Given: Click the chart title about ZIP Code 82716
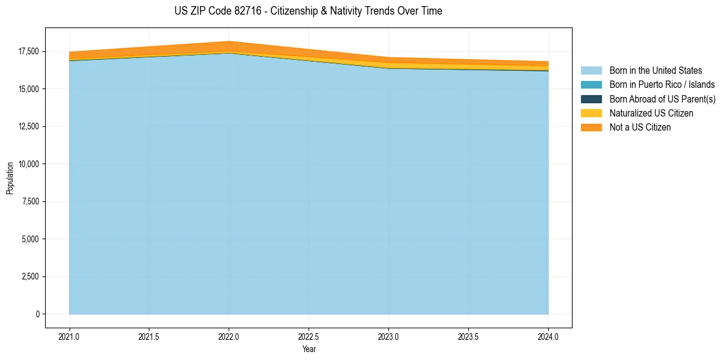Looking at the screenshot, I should click(x=308, y=11).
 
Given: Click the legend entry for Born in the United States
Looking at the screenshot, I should click(x=655, y=71).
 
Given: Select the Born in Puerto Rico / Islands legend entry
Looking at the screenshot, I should click(x=662, y=85).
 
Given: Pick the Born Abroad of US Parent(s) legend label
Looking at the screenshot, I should click(x=662, y=99).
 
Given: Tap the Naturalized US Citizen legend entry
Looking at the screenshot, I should click(x=651, y=113).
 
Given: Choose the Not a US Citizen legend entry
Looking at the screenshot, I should click(x=640, y=128).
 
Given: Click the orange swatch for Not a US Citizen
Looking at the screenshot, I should click(x=591, y=128).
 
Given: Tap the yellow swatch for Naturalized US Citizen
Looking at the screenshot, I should click(x=591, y=113).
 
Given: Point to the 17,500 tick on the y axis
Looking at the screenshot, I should click(x=27, y=51).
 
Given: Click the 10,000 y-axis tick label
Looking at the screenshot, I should click(x=27, y=164).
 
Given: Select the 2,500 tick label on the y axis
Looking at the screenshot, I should click(x=29, y=276).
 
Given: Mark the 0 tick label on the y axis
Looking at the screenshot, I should click(x=37, y=314).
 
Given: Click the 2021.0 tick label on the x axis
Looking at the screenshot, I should click(x=70, y=336).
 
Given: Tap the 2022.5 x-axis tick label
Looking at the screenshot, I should click(x=309, y=336).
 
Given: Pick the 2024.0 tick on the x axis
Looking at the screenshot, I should click(x=548, y=336).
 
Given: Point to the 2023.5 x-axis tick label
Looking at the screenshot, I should click(x=468, y=336).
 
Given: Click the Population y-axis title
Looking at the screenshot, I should click(x=10, y=178).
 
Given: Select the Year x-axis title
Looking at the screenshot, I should click(x=309, y=350).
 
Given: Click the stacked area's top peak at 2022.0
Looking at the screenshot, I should click(x=229, y=41).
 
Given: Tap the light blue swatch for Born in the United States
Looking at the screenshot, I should click(x=591, y=71).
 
